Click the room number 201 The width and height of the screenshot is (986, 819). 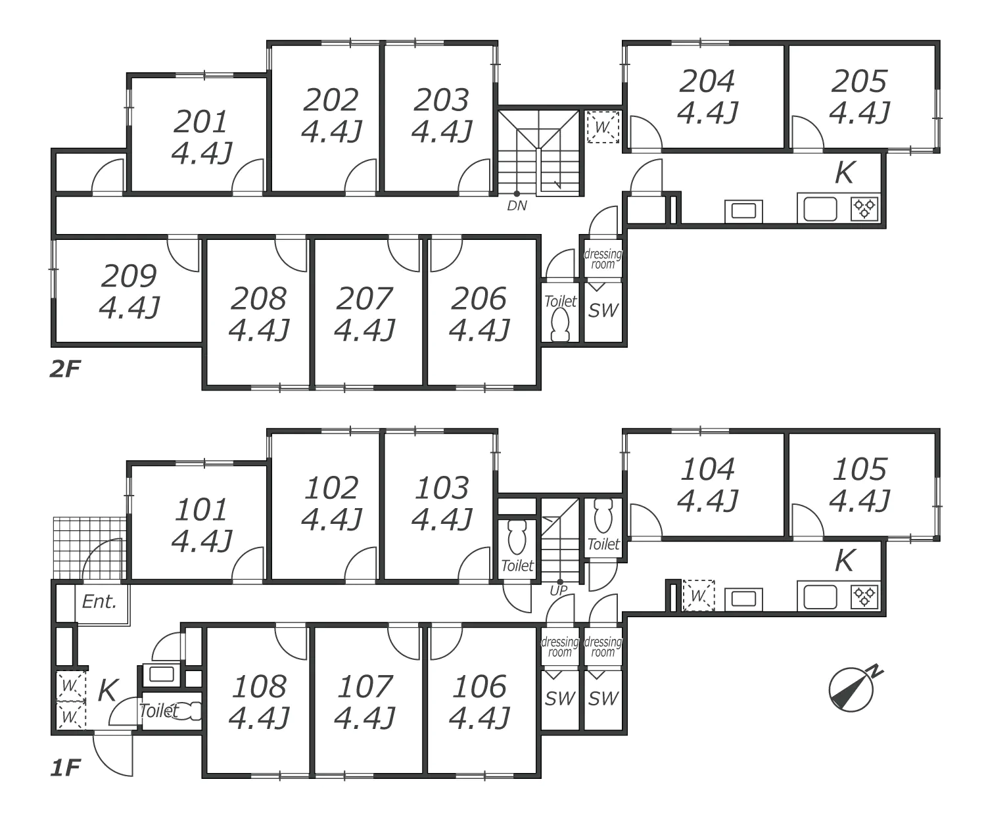click(201, 122)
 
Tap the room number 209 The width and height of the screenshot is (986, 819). click(129, 276)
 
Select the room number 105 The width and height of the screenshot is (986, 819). click(860, 469)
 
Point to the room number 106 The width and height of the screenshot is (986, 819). click(479, 687)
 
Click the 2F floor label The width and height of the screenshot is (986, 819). click(64, 369)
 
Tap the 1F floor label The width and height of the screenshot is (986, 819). click(64, 767)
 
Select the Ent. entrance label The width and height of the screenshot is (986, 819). click(99, 601)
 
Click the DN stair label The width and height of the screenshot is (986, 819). click(517, 206)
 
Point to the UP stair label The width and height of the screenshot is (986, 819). click(558, 590)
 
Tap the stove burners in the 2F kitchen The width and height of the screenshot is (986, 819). click(864, 209)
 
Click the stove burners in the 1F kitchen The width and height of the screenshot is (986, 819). click(864, 597)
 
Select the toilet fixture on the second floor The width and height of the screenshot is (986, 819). click(560, 325)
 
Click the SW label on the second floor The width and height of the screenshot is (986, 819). click(603, 310)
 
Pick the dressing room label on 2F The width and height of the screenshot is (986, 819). click(603, 259)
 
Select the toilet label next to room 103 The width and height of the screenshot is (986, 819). click(517, 565)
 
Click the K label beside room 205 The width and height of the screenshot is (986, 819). click(844, 173)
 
